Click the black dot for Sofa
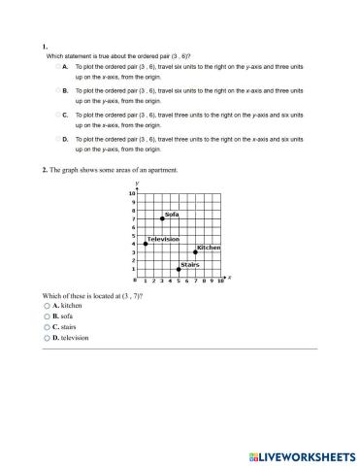(x=162, y=219)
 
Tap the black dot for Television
(x=146, y=244)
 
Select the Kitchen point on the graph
(x=195, y=252)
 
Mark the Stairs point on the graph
(x=179, y=269)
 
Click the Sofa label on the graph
(x=172, y=214)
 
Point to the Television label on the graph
(x=163, y=239)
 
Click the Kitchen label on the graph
(x=209, y=248)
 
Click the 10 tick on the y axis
(x=132, y=194)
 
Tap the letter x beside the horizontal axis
(x=229, y=277)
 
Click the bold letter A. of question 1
(x=65, y=66)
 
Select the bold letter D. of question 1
(x=65, y=140)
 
